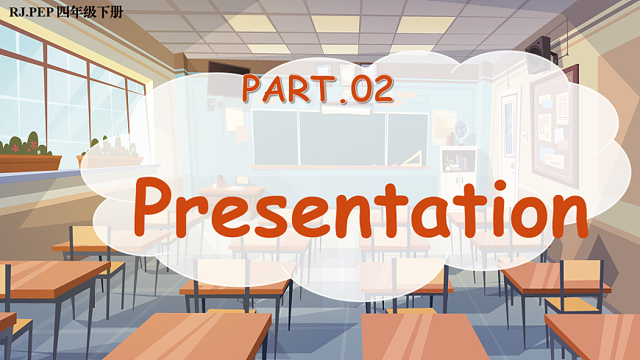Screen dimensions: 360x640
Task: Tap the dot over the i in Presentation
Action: click(x=485, y=181)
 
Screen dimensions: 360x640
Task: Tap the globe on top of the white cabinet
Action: click(x=461, y=130)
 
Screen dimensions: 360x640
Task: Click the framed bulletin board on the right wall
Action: click(x=553, y=125)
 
